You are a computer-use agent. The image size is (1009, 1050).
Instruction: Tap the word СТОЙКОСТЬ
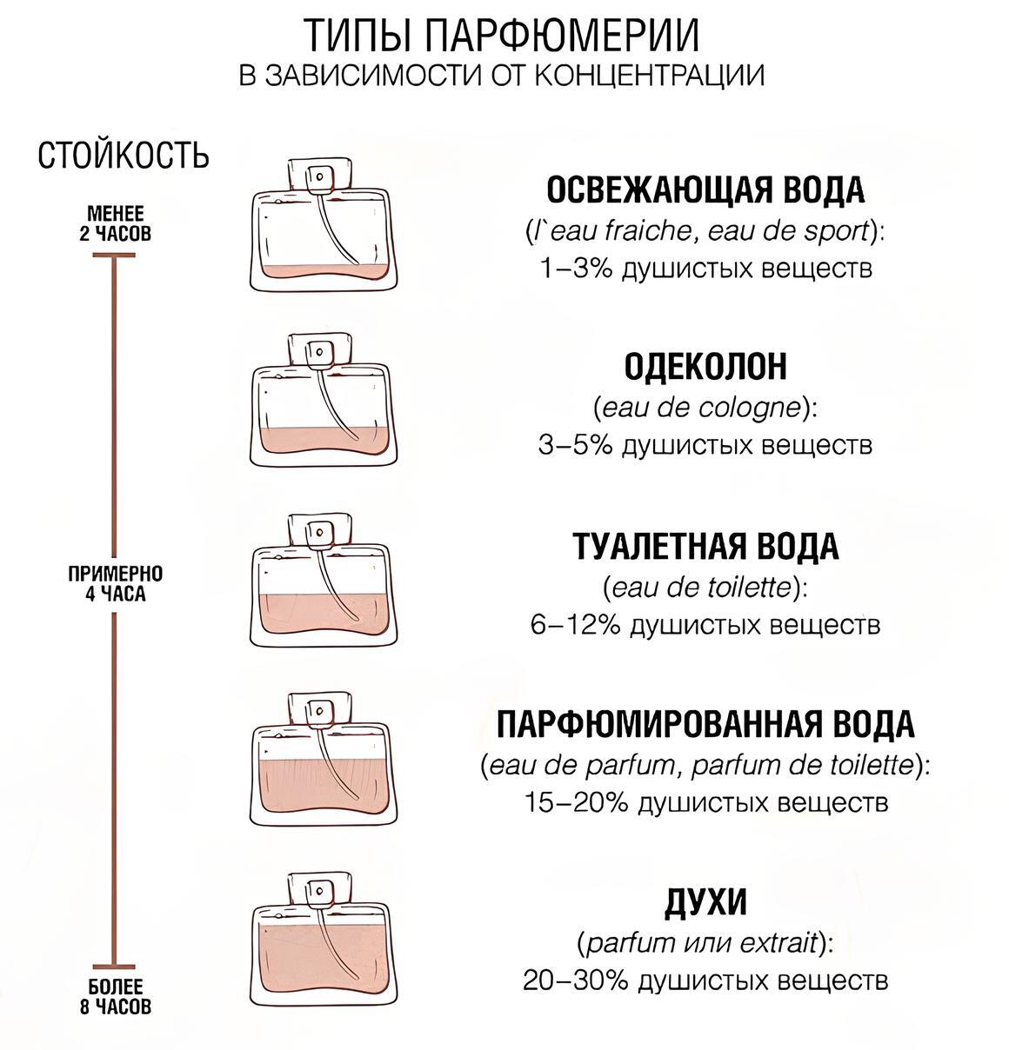point(124,156)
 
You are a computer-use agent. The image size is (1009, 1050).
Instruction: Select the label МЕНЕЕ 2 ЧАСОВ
point(116,223)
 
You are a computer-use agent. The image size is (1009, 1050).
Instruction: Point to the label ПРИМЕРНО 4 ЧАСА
point(116,584)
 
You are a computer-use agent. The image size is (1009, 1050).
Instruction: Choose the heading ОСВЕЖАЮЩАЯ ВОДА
point(705,189)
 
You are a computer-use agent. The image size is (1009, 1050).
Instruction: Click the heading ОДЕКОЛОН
point(705,367)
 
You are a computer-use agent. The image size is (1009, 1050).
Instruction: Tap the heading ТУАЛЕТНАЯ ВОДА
point(705,547)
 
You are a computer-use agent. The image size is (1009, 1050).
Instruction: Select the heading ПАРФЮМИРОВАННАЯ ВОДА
point(705,723)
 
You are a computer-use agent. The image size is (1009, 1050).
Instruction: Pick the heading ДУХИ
point(705,902)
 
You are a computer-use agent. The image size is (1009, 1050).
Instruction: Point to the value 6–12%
point(574,624)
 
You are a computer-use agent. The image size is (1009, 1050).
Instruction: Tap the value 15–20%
point(576,801)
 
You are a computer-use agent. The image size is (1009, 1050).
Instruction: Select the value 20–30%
point(575,980)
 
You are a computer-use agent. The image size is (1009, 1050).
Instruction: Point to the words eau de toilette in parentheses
point(705,587)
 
